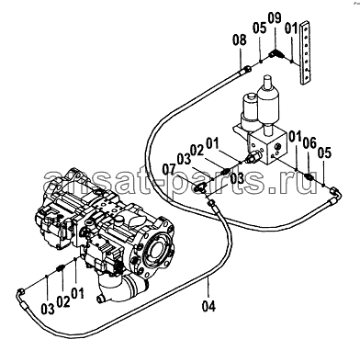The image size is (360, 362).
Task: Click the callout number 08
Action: click(239, 40)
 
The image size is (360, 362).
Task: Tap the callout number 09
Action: click(275, 18)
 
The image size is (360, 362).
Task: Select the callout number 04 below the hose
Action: click(209, 306)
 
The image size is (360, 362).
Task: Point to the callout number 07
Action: click(169, 169)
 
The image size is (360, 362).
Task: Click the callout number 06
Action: click(309, 142)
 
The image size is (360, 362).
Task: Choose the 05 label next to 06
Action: click(324, 153)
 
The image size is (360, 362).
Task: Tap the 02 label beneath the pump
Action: click(63, 302)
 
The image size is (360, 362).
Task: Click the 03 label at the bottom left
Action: click(48, 309)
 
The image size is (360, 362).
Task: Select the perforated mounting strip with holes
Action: click(306, 52)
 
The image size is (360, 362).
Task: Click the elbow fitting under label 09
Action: click(276, 54)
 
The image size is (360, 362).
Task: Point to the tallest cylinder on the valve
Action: click(268, 101)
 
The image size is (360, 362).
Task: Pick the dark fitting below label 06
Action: click(309, 177)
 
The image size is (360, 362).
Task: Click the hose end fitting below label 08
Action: click(245, 71)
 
